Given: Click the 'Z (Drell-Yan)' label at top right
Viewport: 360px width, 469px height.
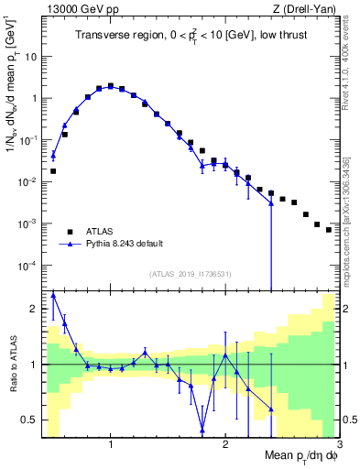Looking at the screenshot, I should [305, 8].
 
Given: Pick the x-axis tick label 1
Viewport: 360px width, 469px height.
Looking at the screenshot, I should [111, 444].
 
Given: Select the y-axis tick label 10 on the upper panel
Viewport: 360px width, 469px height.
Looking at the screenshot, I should [31, 56].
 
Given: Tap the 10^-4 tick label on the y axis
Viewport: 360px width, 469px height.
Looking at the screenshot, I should [28, 266].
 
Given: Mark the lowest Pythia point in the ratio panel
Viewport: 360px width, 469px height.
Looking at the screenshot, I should [202, 430].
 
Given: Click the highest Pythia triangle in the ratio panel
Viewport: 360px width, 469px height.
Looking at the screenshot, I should [53, 295].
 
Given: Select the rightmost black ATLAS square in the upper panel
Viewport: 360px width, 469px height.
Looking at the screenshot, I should [328, 230].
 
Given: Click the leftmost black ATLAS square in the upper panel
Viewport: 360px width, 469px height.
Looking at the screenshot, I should [53, 171].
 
